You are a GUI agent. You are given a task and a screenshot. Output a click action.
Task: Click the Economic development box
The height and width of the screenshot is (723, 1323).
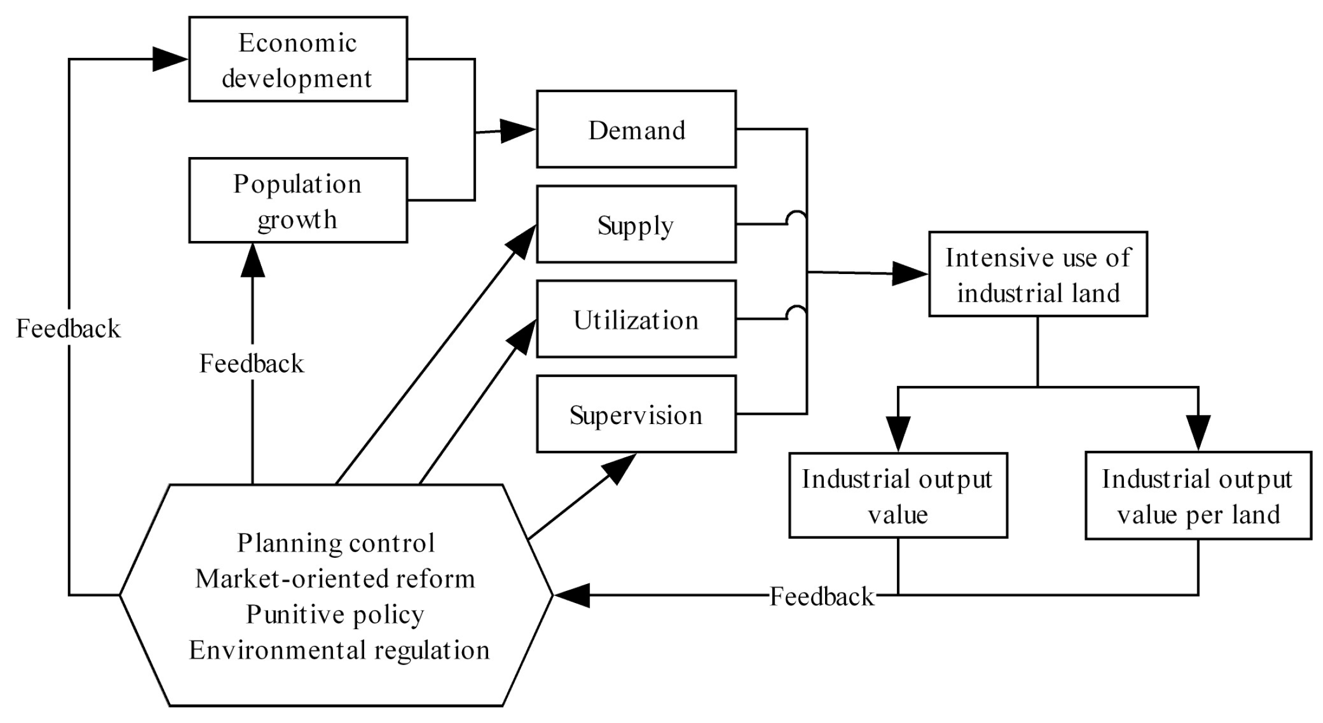click(x=298, y=59)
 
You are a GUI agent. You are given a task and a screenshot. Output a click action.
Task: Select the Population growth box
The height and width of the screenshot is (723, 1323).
click(x=298, y=200)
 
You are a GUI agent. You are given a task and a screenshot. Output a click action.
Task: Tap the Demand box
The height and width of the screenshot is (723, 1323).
click(x=636, y=129)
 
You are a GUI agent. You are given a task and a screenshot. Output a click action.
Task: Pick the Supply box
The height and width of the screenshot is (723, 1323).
click(x=636, y=224)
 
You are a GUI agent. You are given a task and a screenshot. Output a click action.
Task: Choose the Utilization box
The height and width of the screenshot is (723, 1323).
click(x=636, y=319)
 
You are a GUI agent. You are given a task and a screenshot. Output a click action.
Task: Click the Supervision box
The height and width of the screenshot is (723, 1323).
click(x=636, y=414)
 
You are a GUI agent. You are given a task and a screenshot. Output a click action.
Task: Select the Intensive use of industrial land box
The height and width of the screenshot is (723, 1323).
click(x=1038, y=274)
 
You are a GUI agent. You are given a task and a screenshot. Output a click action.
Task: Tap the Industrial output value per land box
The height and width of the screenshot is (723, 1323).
click(x=1197, y=496)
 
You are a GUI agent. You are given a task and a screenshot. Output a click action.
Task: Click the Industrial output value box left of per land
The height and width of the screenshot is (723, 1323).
click(x=897, y=496)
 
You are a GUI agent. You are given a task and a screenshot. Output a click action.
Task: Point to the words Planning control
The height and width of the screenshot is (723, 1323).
click(x=336, y=543)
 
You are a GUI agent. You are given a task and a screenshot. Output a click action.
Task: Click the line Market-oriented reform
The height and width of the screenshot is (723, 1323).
click(x=335, y=579)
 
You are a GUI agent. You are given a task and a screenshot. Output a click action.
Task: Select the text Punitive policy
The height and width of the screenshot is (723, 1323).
click(x=335, y=614)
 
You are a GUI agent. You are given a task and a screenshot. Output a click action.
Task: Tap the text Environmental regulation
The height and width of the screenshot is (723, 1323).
click(x=339, y=650)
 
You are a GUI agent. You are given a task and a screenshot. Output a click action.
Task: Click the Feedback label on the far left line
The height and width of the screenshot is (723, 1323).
click(x=68, y=328)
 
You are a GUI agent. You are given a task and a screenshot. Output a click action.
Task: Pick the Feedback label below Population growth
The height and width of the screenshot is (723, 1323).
click(x=252, y=364)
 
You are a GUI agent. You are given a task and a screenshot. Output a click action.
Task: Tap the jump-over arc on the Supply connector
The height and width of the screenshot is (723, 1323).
click(x=796, y=218)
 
